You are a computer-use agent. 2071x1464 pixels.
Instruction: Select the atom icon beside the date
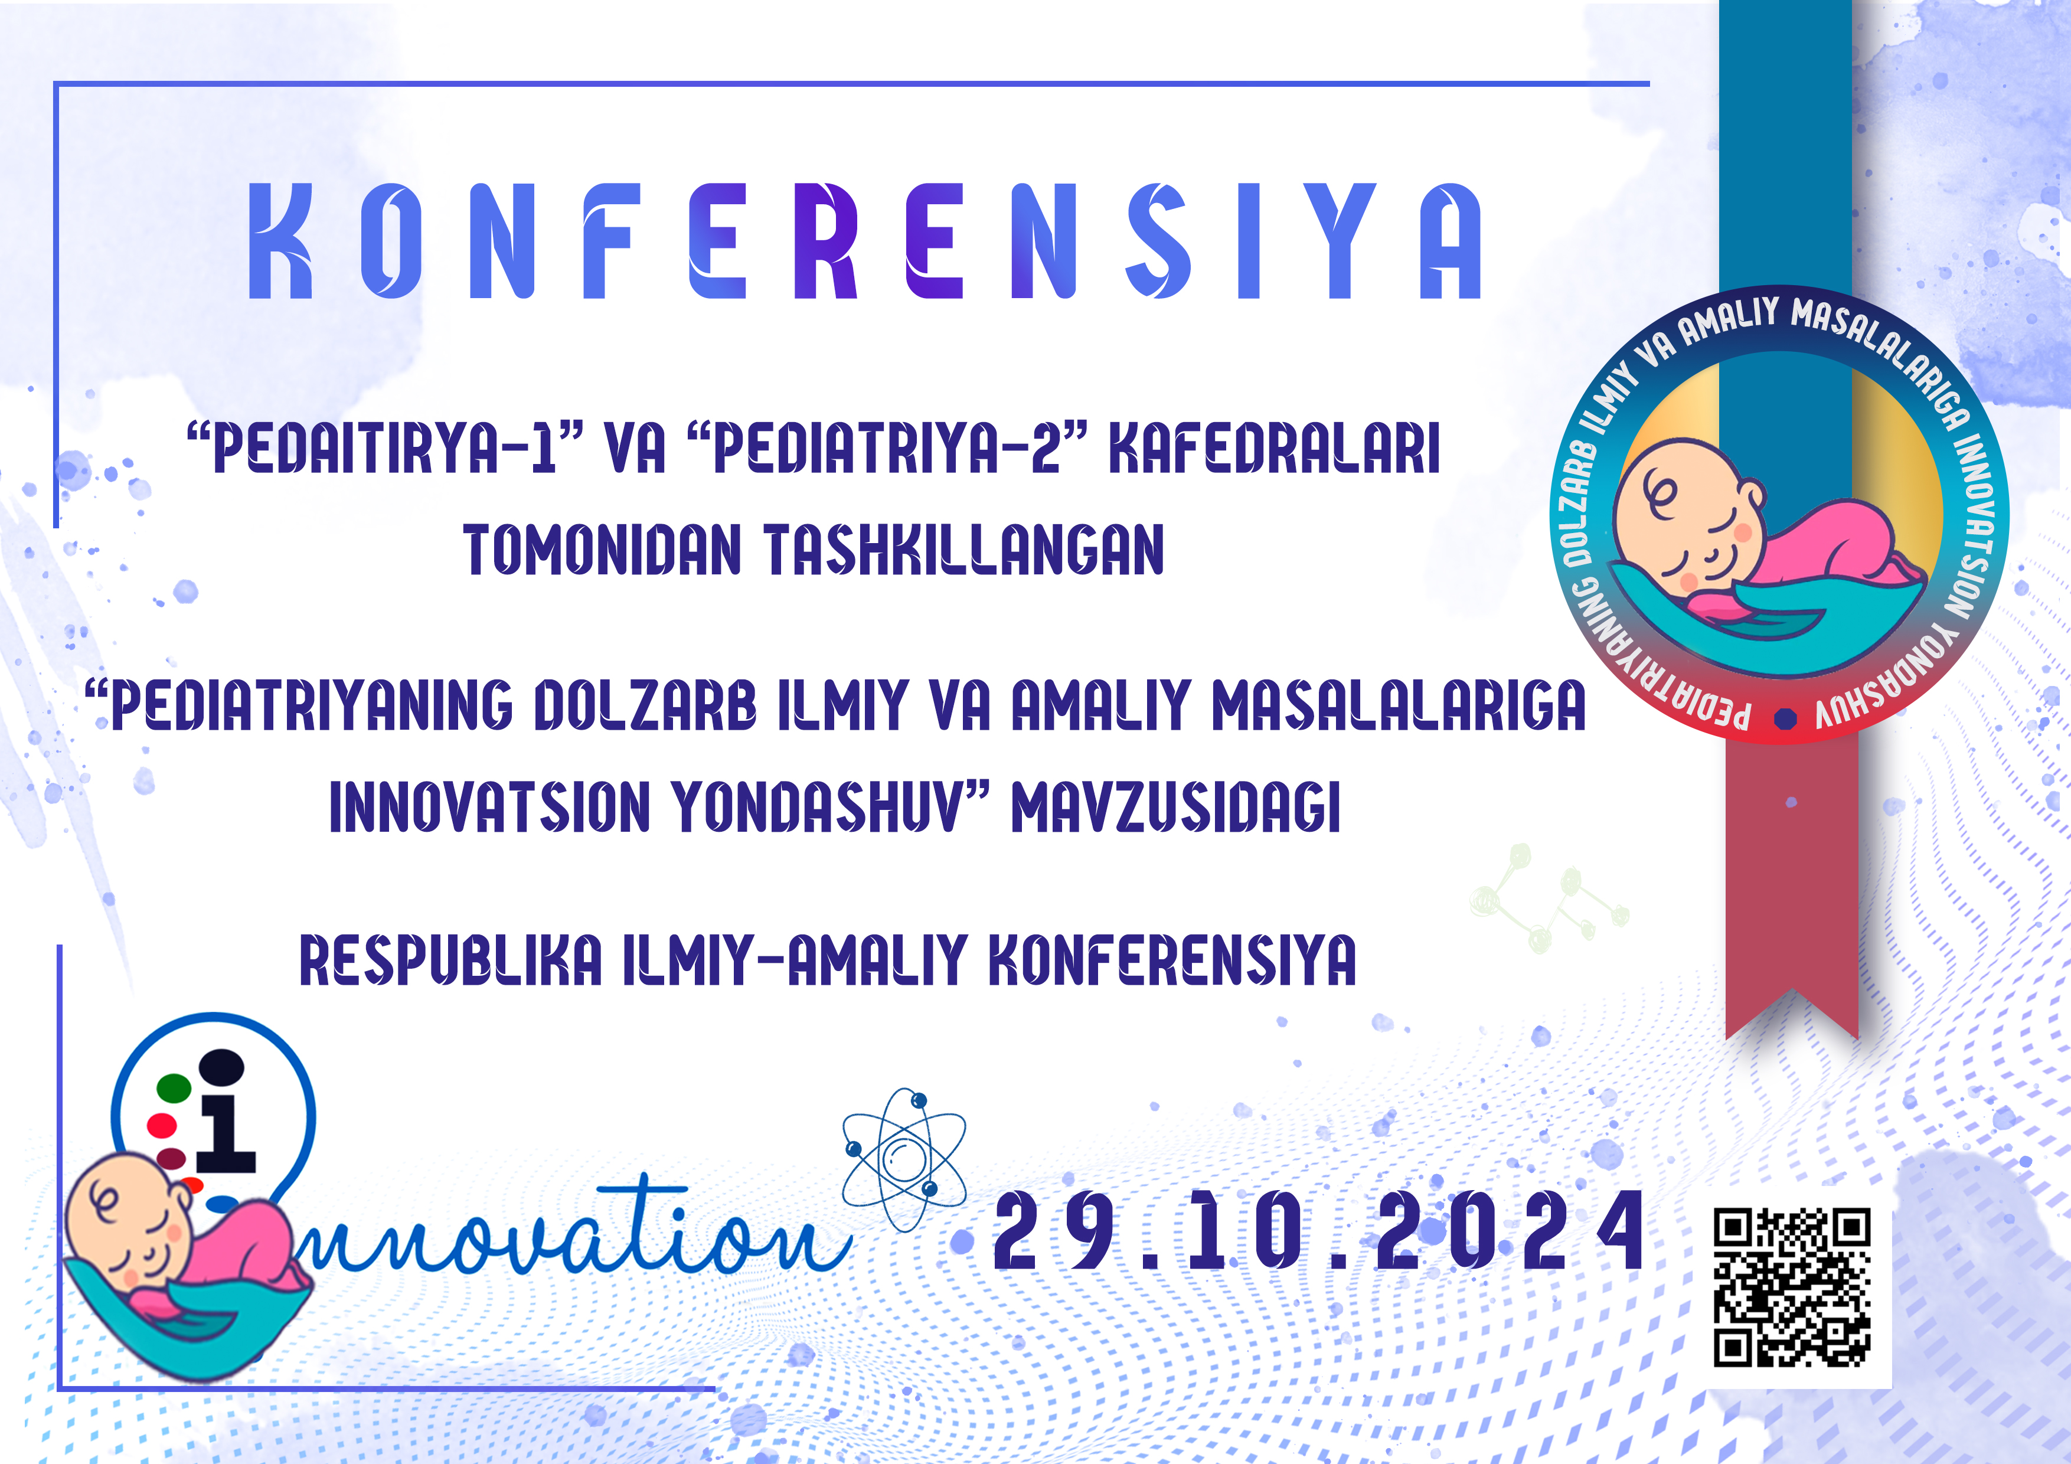click(x=904, y=1159)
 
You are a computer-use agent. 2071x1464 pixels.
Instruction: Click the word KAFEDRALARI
click(x=1273, y=447)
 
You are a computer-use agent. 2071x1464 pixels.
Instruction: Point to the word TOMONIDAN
click(x=602, y=550)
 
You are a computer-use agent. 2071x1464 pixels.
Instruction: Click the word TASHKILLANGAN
click(x=964, y=550)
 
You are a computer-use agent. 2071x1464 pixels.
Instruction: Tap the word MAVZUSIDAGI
click(x=1175, y=806)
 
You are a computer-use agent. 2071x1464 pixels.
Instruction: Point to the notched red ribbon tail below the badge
click(x=1791, y=893)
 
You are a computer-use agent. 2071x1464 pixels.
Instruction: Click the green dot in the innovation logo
click(x=174, y=1088)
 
